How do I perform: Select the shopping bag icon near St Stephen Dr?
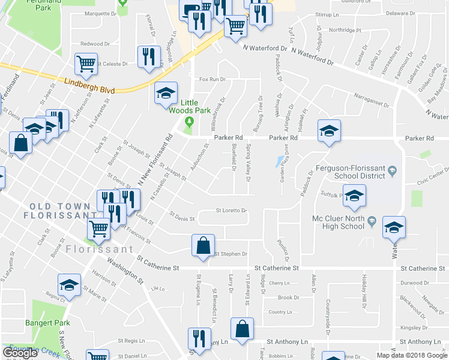[203, 245]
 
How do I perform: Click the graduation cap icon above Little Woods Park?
[166, 93]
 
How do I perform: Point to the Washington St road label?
[125, 271]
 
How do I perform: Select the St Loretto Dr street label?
[232, 211]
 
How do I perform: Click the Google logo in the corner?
[21, 353]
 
